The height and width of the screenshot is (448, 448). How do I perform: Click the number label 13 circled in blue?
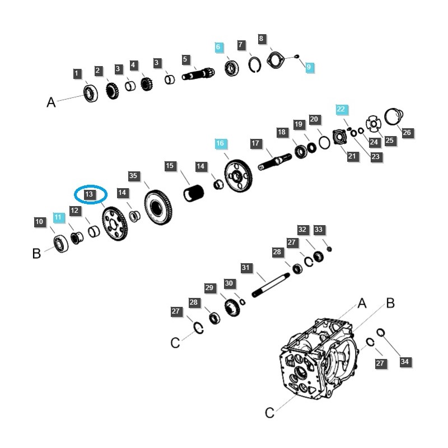[90, 194]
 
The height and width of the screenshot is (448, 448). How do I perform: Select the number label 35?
[133, 176]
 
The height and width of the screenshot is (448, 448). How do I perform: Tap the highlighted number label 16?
[220, 144]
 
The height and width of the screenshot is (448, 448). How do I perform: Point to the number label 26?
[407, 133]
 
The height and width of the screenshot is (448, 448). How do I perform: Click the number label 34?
[405, 362]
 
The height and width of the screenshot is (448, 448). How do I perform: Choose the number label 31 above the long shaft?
[245, 268]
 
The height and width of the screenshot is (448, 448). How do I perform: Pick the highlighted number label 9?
[309, 67]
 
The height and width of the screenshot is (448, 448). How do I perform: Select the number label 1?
[77, 73]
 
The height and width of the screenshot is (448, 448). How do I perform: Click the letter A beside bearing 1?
[52, 102]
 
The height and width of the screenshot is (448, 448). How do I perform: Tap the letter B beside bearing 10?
[37, 253]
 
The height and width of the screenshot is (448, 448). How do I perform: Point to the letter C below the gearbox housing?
[269, 413]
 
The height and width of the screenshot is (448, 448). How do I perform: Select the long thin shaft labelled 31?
[270, 284]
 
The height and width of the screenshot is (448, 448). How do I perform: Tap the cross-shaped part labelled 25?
[373, 124]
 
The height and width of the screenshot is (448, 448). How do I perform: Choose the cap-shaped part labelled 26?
[394, 116]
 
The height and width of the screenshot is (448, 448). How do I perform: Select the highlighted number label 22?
[342, 109]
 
